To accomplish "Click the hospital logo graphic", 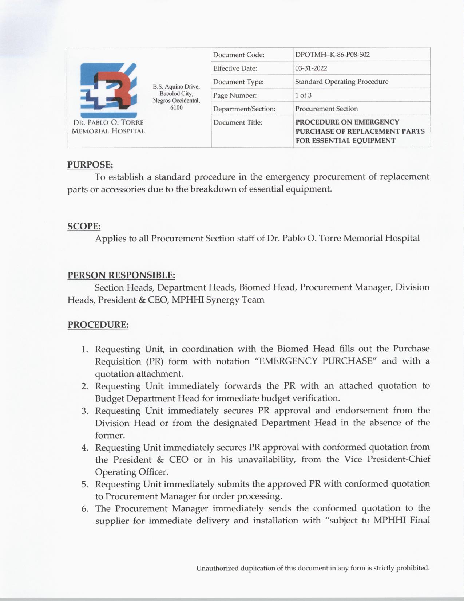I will (108, 90).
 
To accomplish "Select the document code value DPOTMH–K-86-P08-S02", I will (332, 55).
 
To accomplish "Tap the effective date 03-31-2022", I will (311, 68).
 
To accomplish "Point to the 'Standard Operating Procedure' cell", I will (341, 82).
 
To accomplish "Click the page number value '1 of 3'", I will (303, 95).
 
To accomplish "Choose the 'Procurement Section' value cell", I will (326, 109).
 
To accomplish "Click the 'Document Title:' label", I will (238, 122).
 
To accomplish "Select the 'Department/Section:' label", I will (244, 109).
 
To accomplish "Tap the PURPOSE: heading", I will (90, 165).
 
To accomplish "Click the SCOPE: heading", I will (84, 226).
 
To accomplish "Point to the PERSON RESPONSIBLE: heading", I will (121, 275).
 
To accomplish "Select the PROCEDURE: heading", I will (98, 325).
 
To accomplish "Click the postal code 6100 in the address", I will (177, 107).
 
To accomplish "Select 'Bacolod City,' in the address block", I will (177, 94).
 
